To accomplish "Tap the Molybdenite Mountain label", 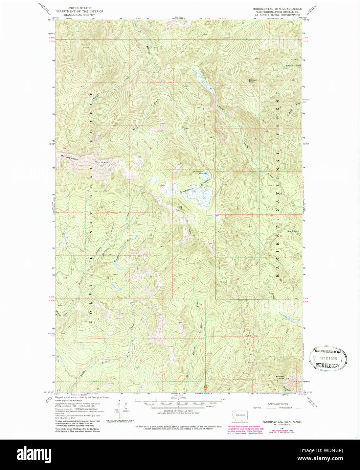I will pos(84,159).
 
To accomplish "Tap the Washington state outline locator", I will pos(240,415).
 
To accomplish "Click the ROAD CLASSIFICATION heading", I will pos(277,404).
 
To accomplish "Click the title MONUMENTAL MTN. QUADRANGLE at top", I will pos(277,8).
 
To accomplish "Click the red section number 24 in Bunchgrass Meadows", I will pos(194,191).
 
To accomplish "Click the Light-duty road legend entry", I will pos(259,408).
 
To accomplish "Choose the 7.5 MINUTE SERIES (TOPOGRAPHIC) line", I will pos(279,15).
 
